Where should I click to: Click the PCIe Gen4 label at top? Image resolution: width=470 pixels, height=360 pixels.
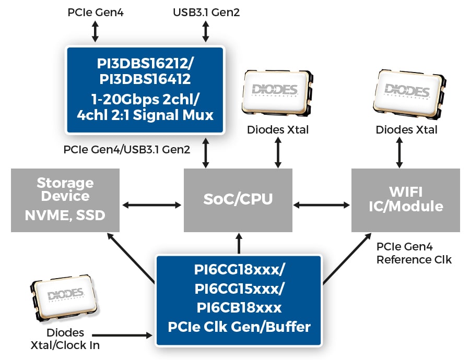coord(95,11)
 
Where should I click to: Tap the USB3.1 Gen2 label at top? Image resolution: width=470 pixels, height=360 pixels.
coord(206,11)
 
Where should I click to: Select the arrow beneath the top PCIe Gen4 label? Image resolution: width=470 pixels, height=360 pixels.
coord(95,32)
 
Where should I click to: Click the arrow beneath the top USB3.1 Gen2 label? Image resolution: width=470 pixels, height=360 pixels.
coord(206,32)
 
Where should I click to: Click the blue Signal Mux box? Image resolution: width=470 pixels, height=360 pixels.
coord(145,89)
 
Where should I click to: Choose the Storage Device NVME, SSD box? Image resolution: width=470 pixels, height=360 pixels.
coord(65,200)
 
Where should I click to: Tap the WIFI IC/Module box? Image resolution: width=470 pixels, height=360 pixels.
coord(405,200)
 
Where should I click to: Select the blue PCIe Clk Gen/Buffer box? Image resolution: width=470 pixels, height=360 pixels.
coord(239,299)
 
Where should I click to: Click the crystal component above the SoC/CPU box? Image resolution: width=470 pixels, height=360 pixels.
coord(277,92)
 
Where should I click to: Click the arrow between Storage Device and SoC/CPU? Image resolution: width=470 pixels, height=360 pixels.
coord(151,204)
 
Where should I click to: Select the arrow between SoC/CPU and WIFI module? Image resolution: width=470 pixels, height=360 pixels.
coord(321,204)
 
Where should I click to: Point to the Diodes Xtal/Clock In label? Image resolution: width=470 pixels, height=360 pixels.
coord(65,339)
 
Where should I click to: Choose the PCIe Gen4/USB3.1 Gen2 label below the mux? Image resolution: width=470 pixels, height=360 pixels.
coord(127,149)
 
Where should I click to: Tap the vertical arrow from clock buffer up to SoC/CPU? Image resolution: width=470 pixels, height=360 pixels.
coord(239,243)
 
